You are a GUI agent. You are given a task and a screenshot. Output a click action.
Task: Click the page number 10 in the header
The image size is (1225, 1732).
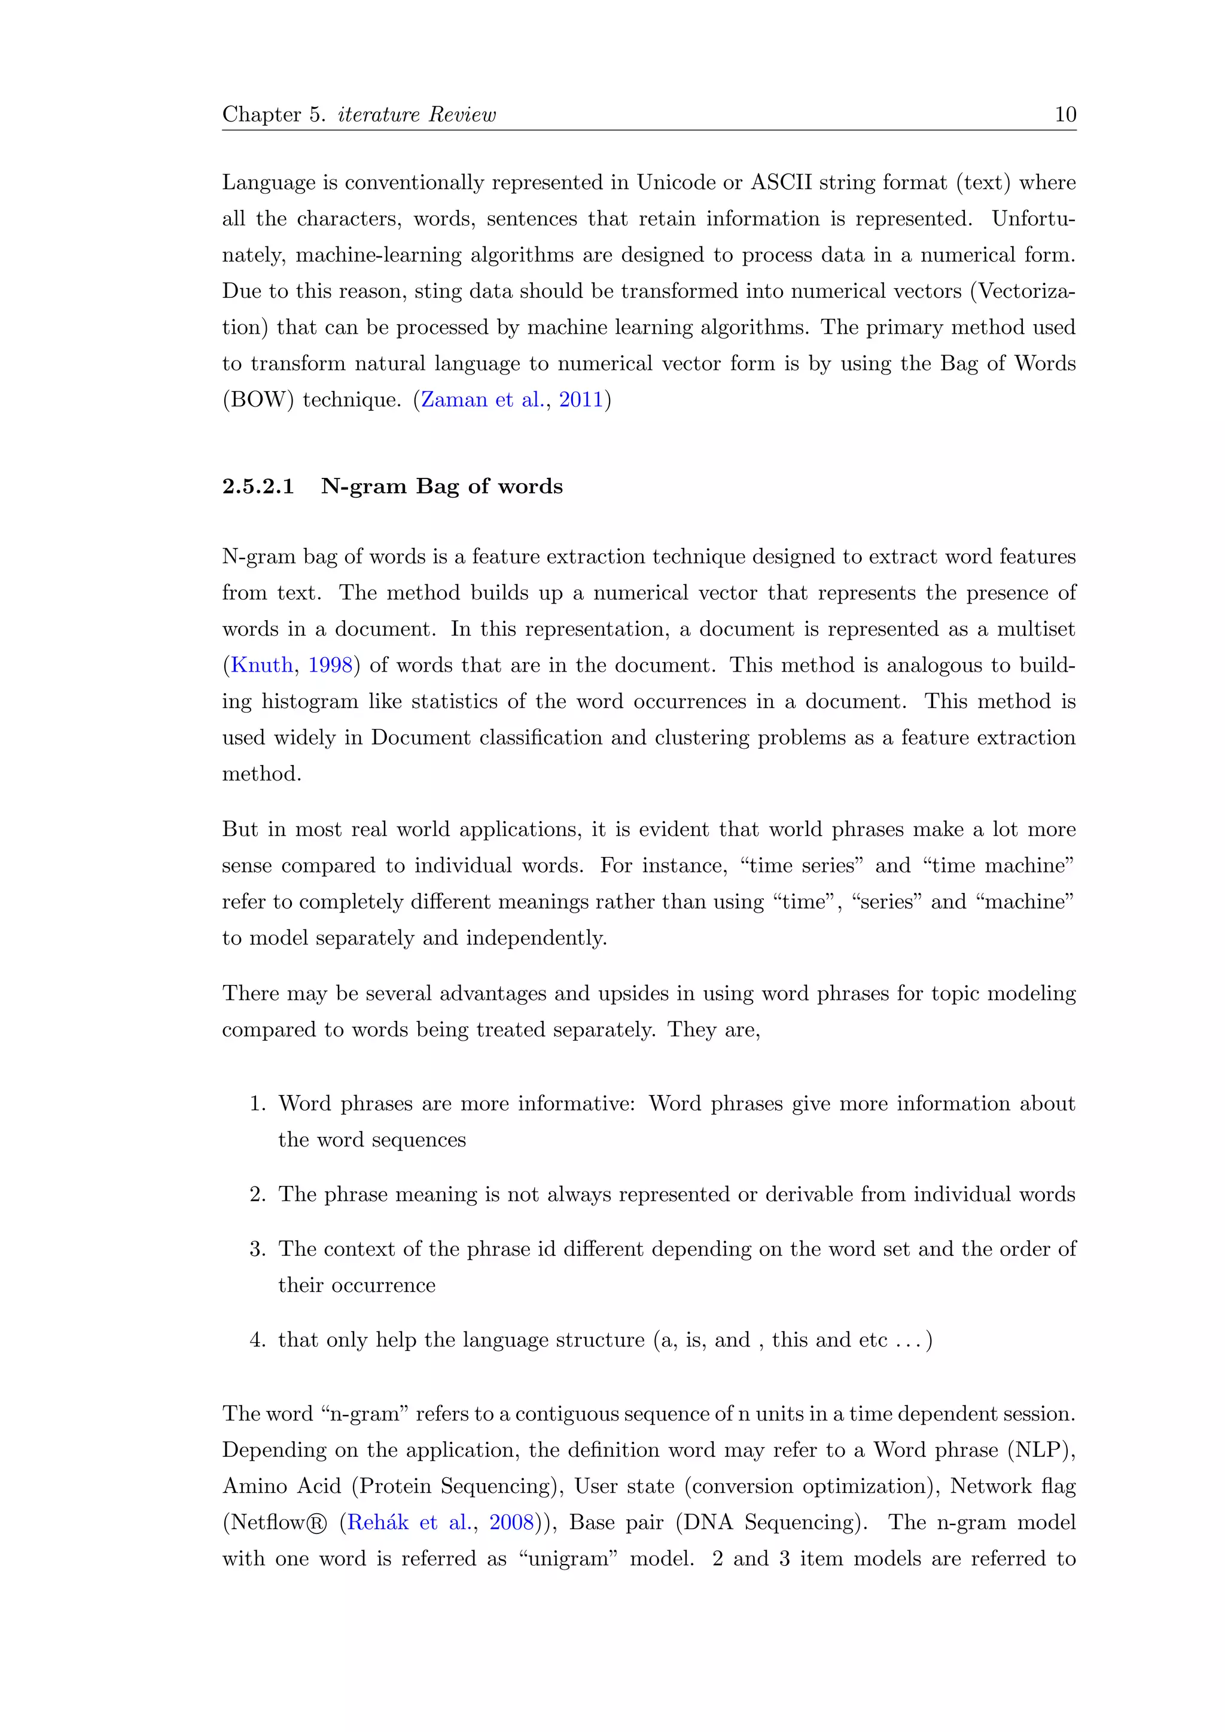(x=1065, y=115)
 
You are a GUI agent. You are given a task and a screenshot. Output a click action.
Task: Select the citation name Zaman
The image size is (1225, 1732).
(x=454, y=400)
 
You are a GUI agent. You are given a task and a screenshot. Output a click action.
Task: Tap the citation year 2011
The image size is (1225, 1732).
(x=581, y=400)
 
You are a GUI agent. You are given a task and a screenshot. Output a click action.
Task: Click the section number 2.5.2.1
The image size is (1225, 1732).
(x=258, y=487)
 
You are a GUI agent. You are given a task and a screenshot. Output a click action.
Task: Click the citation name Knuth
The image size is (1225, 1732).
(x=262, y=665)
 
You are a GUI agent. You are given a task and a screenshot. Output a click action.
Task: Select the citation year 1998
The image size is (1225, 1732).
(x=330, y=665)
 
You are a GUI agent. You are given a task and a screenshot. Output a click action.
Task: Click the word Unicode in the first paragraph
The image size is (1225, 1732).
(x=676, y=182)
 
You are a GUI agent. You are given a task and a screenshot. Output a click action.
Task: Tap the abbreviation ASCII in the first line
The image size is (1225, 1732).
(x=781, y=182)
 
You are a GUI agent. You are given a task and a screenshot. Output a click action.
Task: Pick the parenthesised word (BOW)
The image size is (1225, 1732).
(x=258, y=400)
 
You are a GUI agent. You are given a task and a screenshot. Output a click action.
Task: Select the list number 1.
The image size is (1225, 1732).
(x=257, y=1103)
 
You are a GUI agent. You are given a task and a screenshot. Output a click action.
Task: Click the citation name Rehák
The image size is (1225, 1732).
(x=377, y=1522)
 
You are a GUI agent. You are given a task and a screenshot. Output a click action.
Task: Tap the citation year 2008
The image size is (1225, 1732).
(x=511, y=1522)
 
